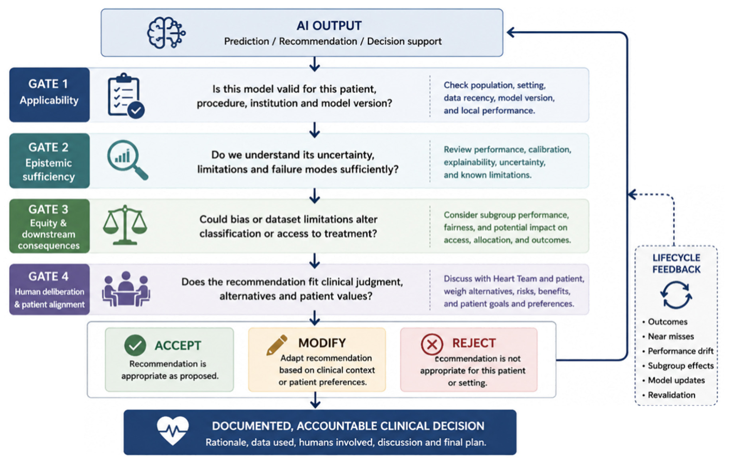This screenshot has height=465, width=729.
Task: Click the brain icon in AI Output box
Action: [166, 32]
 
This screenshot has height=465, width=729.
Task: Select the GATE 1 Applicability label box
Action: [49, 95]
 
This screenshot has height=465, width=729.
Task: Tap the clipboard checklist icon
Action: [126, 96]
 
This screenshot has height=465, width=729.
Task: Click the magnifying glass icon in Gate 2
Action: [127, 160]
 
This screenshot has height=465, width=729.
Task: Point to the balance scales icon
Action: [125, 225]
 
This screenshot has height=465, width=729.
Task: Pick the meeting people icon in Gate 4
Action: [126, 289]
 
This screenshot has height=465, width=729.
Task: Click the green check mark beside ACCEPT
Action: [135, 345]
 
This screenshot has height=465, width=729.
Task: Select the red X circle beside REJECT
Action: [432, 344]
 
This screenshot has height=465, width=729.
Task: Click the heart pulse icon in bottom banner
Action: [173, 431]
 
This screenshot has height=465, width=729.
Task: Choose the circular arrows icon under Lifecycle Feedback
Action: [676, 295]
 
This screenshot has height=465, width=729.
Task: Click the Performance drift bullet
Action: [678, 351]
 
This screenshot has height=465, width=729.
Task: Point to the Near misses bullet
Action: [668, 337]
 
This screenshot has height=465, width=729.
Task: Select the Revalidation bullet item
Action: [669, 395]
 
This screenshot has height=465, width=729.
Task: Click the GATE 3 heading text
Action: [48, 209]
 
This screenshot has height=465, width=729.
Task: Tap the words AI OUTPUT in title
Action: [329, 26]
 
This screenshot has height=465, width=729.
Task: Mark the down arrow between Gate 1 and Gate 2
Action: [315, 130]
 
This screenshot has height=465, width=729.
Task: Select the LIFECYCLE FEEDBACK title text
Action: [676, 263]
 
